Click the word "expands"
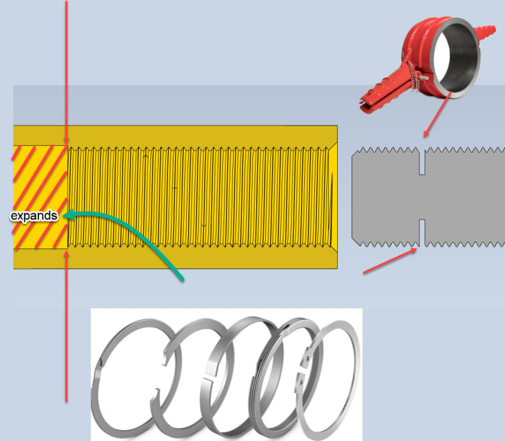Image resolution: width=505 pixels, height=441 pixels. pyautogui.click(x=34, y=216)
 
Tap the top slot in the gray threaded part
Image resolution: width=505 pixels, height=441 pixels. pyautogui.click(x=421, y=161)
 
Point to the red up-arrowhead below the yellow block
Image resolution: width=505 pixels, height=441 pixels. pyautogui.click(x=67, y=256)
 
